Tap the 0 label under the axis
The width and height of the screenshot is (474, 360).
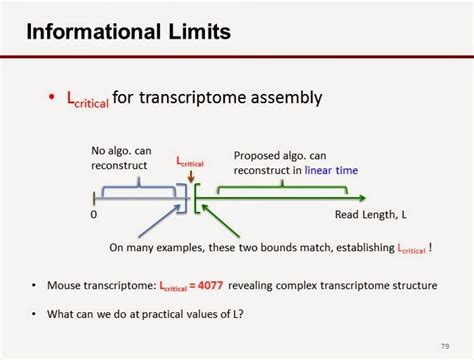click(x=94, y=214)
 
